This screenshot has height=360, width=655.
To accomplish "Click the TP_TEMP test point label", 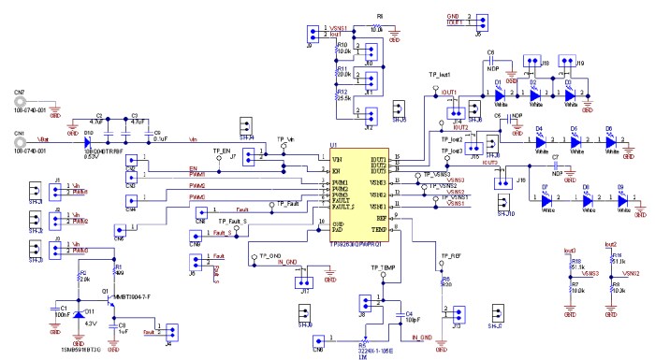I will point(371,267).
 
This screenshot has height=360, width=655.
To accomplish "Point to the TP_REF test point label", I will point(449,255).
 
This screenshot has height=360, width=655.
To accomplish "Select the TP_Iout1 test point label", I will point(440,74).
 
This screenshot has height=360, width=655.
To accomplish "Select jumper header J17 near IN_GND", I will point(301,280).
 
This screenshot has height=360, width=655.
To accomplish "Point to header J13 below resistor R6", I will point(455,313).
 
